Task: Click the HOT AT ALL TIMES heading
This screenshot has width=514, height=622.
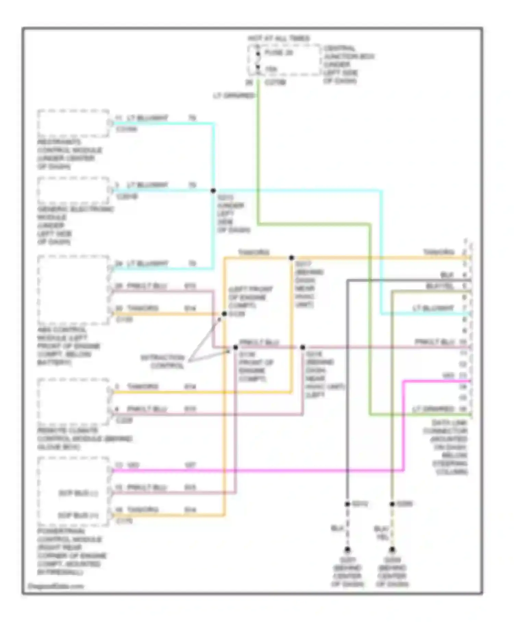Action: pyautogui.click(x=278, y=38)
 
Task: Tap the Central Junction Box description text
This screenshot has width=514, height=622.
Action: pyautogui.click(x=348, y=64)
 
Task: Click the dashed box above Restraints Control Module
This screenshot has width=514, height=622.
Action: pyautogui.click(x=73, y=123)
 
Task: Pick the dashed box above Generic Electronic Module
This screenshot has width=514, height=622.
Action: pyautogui.click(x=73, y=191)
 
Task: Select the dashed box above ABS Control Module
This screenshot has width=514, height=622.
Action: pyautogui.click(x=73, y=290)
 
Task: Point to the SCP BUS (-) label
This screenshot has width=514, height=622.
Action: pyautogui.click(x=78, y=493)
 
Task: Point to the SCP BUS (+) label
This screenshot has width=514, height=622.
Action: pyautogui.click(x=78, y=515)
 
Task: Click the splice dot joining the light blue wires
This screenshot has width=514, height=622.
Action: pyautogui.click(x=213, y=191)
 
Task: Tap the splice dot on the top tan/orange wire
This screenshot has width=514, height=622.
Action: pyautogui.click(x=291, y=258)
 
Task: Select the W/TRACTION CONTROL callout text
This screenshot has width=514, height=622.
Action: pyautogui.click(x=163, y=361)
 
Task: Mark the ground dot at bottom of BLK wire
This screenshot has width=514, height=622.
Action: pyautogui.click(x=347, y=549)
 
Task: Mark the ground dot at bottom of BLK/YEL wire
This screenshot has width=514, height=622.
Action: pyautogui.click(x=392, y=549)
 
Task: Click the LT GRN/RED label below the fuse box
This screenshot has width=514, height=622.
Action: pyautogui.click(x=234, y=96)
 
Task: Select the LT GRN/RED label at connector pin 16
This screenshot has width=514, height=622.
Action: pyautogui.click(x=433, y=409)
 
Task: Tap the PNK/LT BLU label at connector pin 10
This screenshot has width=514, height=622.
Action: pyautogui.click(x=435, y=342)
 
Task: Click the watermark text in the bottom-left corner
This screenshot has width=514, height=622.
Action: pyautogui.click(x=56, y=586)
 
